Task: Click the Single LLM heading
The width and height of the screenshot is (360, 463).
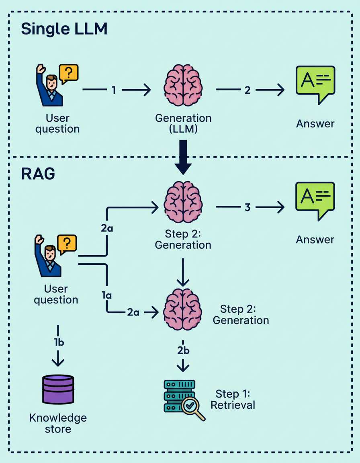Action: click(x=64, y=29)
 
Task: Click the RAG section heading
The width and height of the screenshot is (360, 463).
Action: click(x=38, y=174)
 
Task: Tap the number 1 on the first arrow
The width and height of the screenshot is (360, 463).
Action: click(x=114, y=90)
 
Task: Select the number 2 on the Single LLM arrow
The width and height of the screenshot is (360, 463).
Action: click(x=247, y=90)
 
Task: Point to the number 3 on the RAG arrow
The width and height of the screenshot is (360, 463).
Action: click(x=247, y=207)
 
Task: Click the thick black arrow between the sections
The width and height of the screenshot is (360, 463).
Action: click(x=183, y=157)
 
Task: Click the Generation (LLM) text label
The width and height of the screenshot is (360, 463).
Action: click(x=183, y=124)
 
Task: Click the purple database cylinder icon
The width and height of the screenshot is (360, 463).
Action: click(x=58, y=389)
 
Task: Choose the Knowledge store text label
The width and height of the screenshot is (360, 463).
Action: click(x=58, y=423)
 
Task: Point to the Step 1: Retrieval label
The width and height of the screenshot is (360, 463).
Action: click(x=233, y=399)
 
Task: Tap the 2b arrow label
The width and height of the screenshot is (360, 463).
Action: click(x=183, y=350)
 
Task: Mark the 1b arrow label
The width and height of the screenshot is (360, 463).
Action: click(x=58, y=343)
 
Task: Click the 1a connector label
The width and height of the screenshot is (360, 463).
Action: click(x=106, y=295)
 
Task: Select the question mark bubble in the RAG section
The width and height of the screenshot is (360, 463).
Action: click(x=67, y=244)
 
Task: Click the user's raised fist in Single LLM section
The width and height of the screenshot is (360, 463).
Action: click(x=40, y=69)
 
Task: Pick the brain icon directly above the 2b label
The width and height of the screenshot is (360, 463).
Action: click(x=183, y=309)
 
